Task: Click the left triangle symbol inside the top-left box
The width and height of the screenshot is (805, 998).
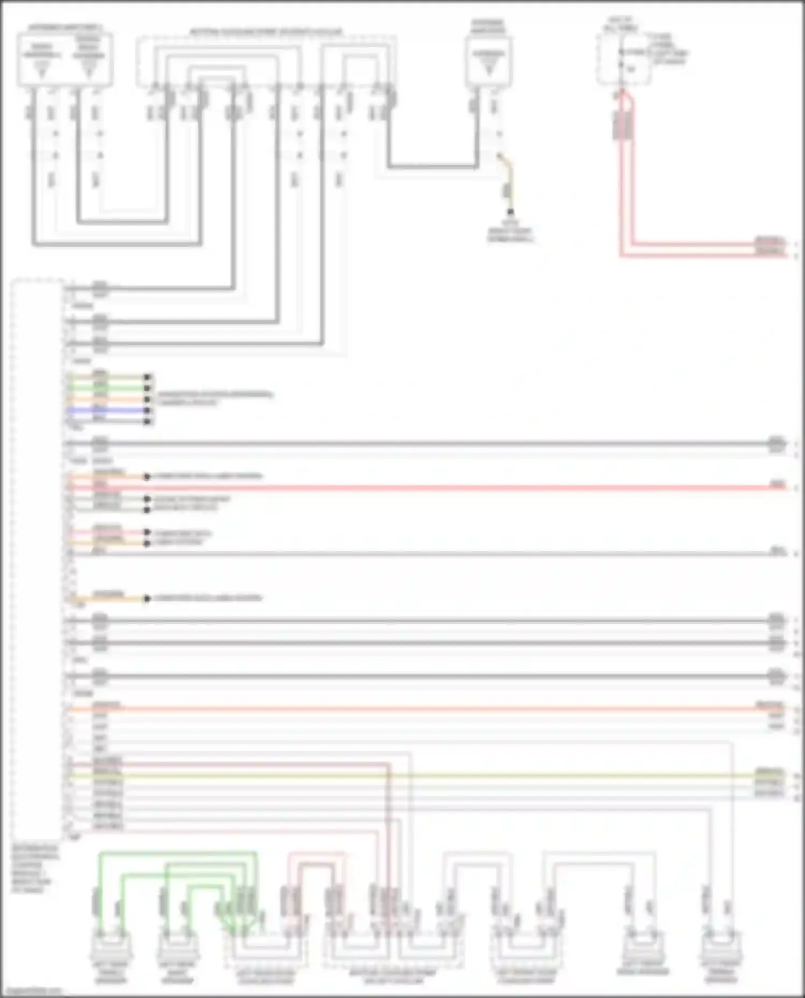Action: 42,69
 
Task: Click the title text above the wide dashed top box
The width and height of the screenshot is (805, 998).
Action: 266,32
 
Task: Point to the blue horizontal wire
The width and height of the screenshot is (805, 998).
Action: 107,410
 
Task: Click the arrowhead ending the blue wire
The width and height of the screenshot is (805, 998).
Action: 148,410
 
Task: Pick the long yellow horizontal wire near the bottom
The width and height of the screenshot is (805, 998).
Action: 429,776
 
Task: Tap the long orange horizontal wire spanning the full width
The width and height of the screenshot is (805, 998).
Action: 429,709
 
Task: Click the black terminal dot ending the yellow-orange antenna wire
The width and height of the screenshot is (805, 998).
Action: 510,212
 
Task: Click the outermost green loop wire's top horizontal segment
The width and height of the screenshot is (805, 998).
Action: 177,853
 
